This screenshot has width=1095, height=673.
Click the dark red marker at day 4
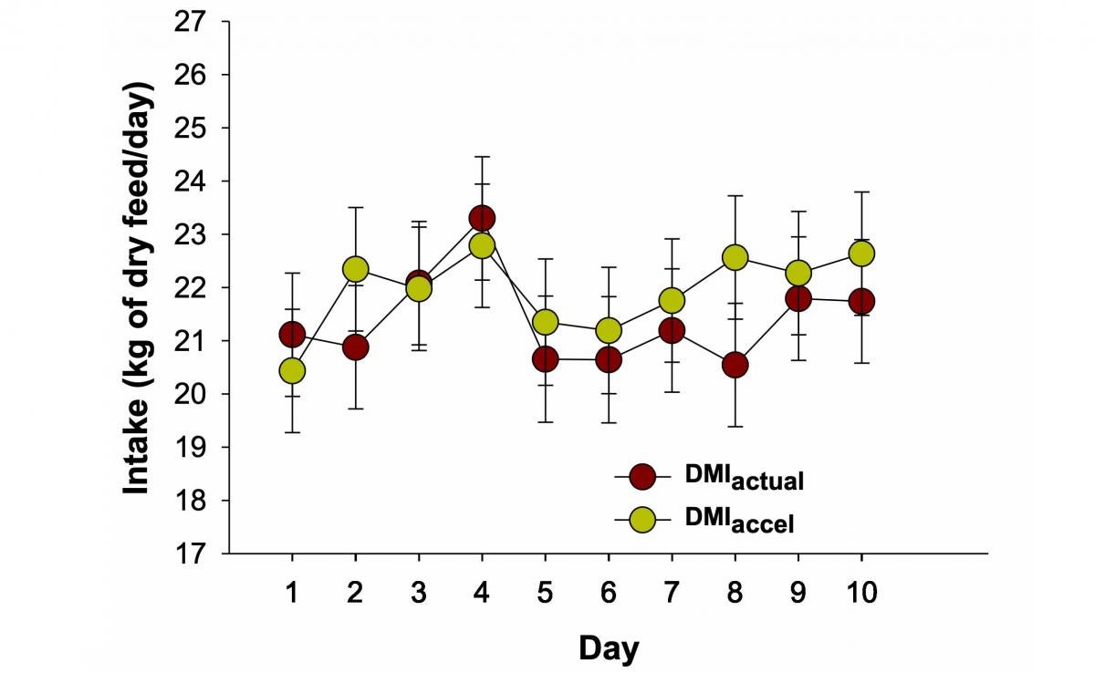click(482, 218)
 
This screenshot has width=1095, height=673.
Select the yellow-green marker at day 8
click(735, 257)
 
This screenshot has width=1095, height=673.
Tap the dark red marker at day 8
click(735, 365)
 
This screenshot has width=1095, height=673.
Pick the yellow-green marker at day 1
click(292, 370)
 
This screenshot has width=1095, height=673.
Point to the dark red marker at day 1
click(292, 335)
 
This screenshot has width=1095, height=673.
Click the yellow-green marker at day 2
click(355, 269)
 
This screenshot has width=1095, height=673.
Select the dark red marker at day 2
click(355, 347)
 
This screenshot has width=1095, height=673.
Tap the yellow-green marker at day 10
click(861, 253)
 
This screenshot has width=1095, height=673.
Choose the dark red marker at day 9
click(798, 298)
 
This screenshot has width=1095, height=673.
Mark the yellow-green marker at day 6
click(609, 329)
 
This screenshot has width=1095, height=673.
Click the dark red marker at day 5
click(545, 359)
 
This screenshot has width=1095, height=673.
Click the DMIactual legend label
click(743, 478)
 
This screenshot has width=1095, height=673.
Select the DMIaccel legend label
click(739, 522)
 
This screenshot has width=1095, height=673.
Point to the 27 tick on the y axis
click(197, 21)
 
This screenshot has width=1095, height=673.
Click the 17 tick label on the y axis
click(197, 554)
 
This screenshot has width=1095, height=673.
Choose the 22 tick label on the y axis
click(197, 287)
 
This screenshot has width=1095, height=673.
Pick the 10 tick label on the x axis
click(861, 593)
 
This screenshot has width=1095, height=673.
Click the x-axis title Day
click(609, 648)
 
